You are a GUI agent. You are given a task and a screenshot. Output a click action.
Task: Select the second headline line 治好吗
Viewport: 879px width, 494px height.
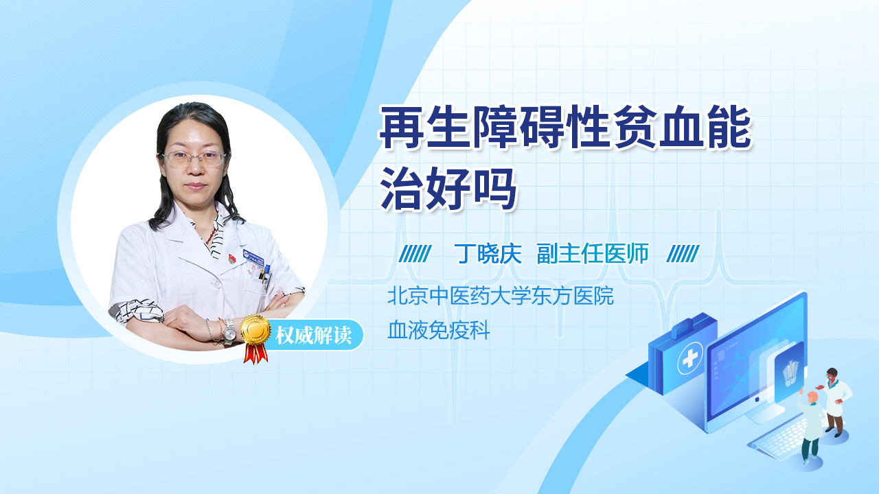click(x=448, y=189)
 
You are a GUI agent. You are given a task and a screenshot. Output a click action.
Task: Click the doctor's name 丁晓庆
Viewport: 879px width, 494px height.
click(x=488, y=254)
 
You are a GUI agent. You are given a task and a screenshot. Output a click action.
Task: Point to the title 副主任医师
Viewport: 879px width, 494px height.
click(x=593, y=254)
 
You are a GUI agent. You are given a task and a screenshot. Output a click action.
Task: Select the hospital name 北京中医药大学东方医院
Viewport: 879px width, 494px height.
click(x=501, y=296)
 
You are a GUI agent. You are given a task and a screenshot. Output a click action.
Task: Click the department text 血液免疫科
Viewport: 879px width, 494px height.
click(x=439, y=330)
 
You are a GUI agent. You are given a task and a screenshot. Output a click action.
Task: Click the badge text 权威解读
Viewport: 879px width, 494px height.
click(x=313, y=336)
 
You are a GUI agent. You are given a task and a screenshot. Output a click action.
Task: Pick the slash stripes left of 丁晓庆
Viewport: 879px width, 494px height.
click(x=415, y=254)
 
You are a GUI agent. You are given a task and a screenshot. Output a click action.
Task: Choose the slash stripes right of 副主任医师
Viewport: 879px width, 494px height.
click(x=683, y=254)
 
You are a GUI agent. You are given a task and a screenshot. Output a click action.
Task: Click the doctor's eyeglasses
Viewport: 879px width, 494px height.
click(x=194, y=158)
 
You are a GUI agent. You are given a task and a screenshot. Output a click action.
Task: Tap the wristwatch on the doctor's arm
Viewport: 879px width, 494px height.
click(x=229, y=331)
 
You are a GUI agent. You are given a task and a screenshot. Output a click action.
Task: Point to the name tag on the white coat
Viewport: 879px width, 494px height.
click(x=253, y=257)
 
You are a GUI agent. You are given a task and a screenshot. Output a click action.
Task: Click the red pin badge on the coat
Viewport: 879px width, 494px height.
click(x=232, y=258)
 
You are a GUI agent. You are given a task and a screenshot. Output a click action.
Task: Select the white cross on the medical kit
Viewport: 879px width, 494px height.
click(x=690, y=357)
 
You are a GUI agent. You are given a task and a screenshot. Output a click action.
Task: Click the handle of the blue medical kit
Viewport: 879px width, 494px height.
click(x=682, y=328)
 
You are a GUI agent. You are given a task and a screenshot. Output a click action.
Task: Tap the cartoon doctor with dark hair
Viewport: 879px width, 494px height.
click(x=834, y=402)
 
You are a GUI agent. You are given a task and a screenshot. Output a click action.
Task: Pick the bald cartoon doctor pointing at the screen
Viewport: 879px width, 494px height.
click(x=811, y=427)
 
